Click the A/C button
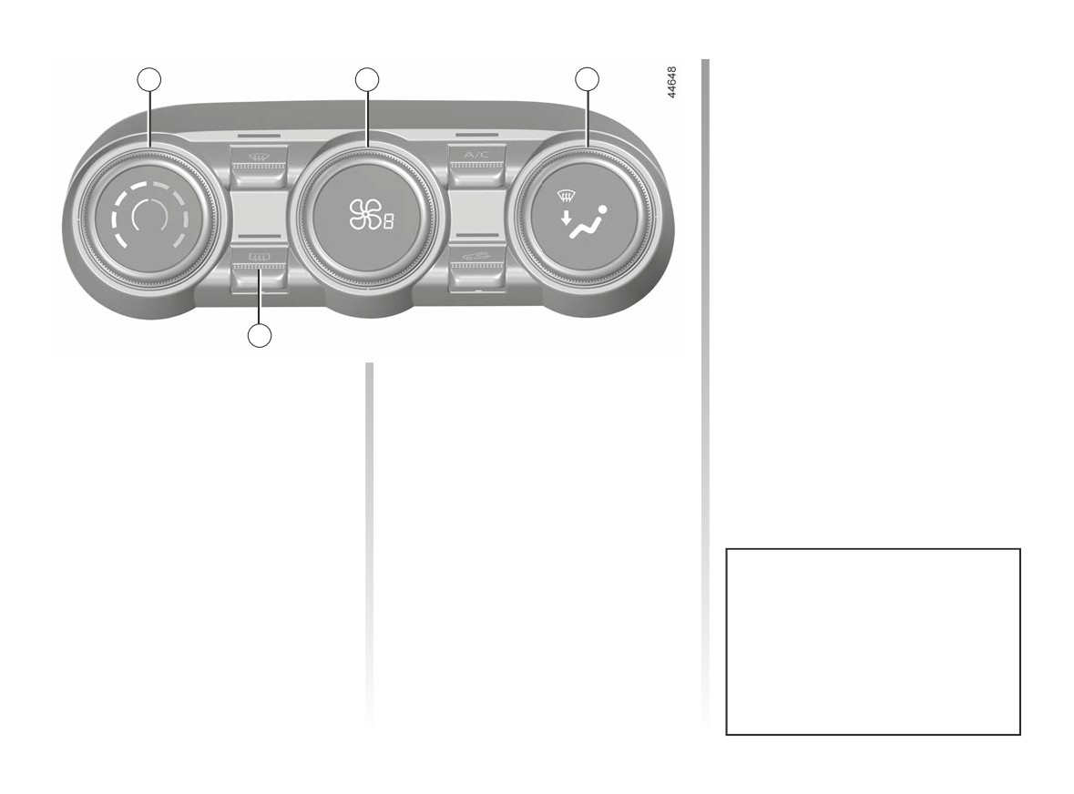pos(476,165)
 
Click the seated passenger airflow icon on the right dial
pos(588,223)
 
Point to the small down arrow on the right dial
pos(565,219)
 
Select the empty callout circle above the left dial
pos(149,79)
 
